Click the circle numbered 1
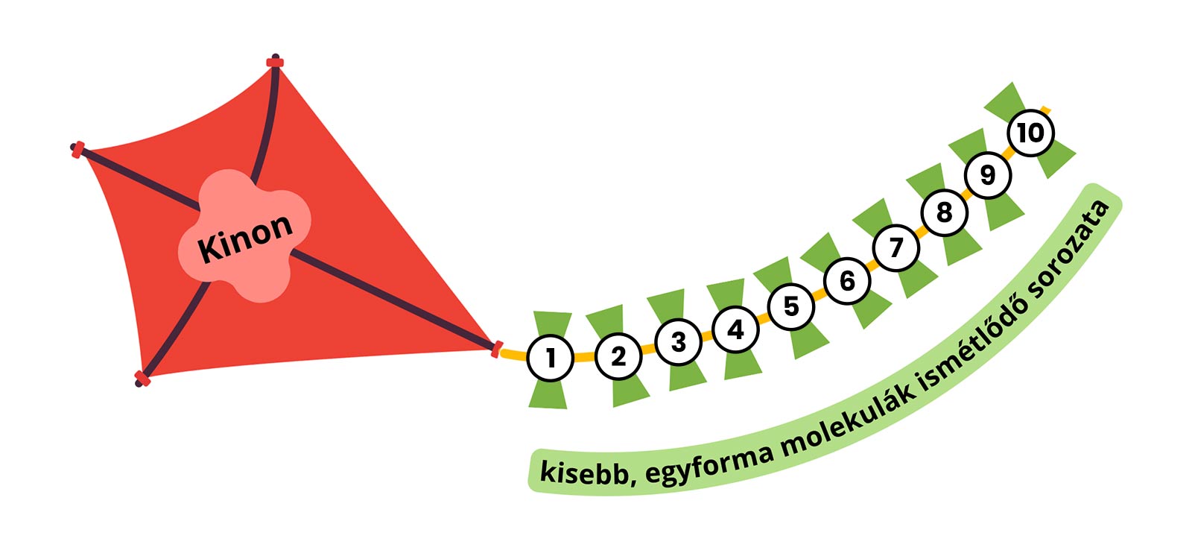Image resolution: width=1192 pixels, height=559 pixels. coord(550,358)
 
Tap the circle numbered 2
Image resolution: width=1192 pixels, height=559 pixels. coord(618,356)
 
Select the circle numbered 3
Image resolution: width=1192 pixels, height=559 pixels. coord(678,341)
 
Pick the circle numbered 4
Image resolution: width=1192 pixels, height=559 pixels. coord(735,329)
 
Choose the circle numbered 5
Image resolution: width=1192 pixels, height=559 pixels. coord(791,306)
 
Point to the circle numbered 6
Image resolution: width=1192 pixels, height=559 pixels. coord(847,281)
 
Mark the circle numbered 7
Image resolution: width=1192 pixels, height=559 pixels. coord(896,247)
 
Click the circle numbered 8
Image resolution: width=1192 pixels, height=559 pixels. coord(944,212)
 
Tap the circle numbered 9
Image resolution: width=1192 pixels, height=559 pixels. coord(987,175)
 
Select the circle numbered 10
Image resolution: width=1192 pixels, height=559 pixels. coord(1030,133)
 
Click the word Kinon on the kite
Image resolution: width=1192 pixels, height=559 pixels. coord(245,238)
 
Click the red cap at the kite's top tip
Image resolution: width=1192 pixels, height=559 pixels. coord(275,63)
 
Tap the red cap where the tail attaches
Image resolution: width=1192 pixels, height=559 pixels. coord(496,348)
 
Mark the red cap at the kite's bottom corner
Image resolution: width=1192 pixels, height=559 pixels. coord(142,379)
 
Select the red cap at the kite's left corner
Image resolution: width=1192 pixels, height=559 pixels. coord(78,150)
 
